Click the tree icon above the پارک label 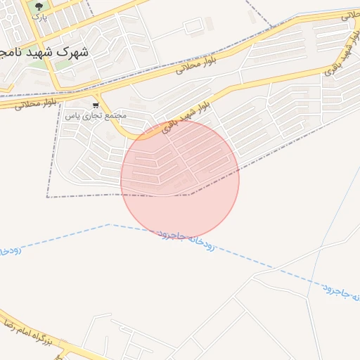tap(39, 6)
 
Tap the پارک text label tap(39, 18)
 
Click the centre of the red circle tap(180, 179)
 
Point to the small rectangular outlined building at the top tap(193, 27)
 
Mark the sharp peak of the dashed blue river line tap(109, 225)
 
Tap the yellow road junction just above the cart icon tap(98, 94)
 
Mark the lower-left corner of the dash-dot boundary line tap(47, 198)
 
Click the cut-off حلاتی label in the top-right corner tap(349, 14)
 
